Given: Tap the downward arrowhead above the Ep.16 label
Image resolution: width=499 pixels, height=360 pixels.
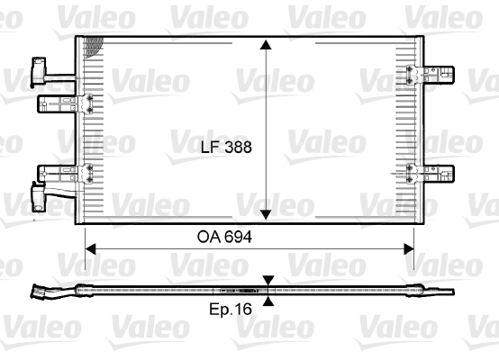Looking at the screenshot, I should pyautogui.click(x=268, y=282).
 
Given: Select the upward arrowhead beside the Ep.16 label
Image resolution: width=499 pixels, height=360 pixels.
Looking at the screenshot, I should pyautogui.click(x=268, y=301).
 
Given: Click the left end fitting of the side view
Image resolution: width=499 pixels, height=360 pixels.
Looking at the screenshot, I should pyautogui.click(x=43, y=291).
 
